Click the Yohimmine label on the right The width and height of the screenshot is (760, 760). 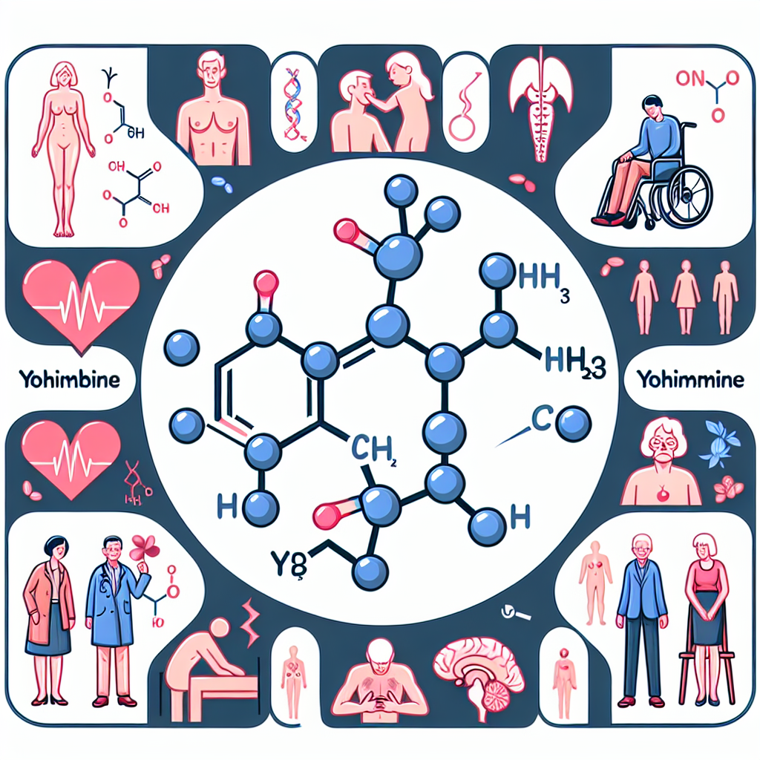point(689,380)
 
